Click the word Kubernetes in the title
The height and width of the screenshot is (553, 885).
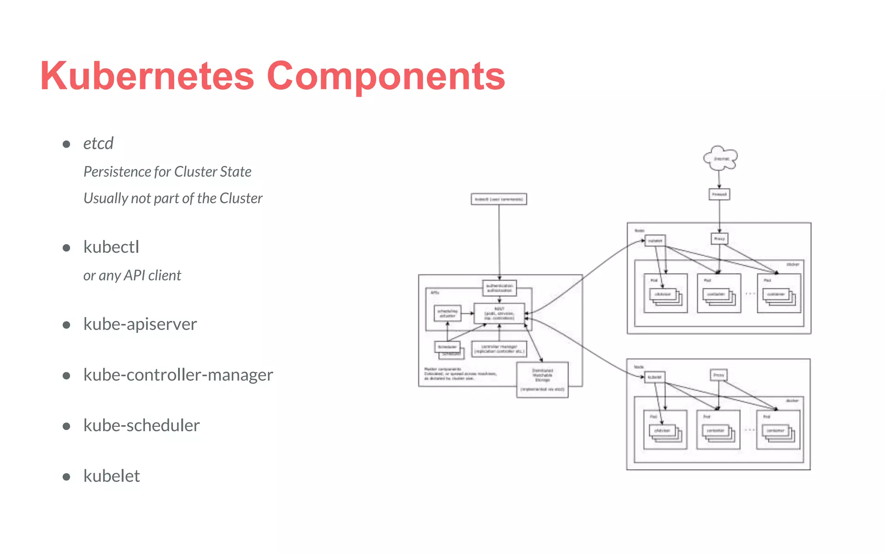pos(147,76)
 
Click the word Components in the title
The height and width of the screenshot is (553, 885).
pos(386,76)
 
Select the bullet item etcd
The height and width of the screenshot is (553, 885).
pos(98,143)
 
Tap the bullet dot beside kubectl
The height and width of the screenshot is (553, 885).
pos(67,248)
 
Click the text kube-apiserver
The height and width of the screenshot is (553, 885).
pos(140,324)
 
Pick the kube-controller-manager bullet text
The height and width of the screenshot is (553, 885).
pos(178,375)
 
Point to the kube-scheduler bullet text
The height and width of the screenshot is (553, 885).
pos(141,426)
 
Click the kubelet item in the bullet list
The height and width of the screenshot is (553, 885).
pos(111,476)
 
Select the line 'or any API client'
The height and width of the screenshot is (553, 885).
pos(132,275)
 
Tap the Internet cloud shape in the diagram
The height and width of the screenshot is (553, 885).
pos(720,159)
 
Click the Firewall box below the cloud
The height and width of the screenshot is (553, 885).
pos(719,194)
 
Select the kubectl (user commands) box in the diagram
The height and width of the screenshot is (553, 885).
pos(499,199)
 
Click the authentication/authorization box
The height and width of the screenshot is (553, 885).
pos(500,288)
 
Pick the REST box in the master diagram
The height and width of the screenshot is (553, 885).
pos(499,313)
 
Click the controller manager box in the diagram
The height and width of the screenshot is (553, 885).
pos(499,349)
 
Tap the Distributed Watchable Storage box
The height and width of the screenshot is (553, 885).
pos(542,379)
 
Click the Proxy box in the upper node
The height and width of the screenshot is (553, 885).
pos(719,238)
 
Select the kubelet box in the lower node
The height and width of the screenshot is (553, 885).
pos(654,377)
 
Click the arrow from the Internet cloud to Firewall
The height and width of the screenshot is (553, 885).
pos(719,179)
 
